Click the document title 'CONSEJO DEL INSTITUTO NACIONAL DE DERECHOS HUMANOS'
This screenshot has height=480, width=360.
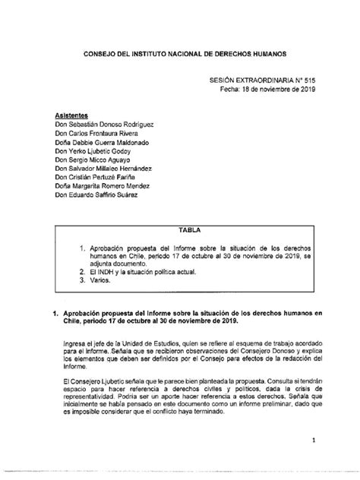pos(179,55)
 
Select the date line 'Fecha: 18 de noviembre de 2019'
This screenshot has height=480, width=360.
pos(258,89)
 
